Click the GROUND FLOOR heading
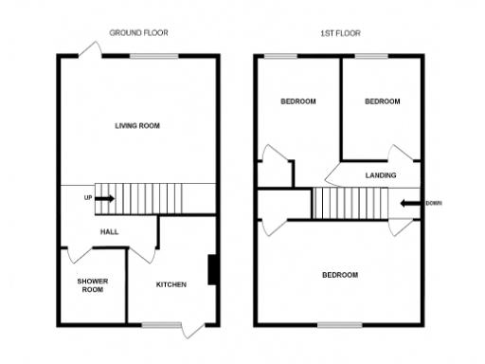click(x=138, y=32)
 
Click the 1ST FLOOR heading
click(x=339, y=32)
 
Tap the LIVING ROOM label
click(x=137, y=125)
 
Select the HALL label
click(x=109, y=230)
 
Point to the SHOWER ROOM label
click(x=92, y=284)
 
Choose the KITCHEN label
click(x=171, y=284)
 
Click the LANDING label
click(x=380, y=175)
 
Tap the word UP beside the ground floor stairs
click(x=88, y=198)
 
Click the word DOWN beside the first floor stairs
click(x=433, y=202)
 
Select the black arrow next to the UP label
click(x=104, y=198)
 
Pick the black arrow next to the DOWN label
click(x=410, y=202)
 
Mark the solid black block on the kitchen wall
click(x=213, y=270)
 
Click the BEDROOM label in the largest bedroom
click(x=340, y=275)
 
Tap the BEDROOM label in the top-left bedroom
click(x=297, y=101)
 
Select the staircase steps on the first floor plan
click(x=350, y=202)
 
